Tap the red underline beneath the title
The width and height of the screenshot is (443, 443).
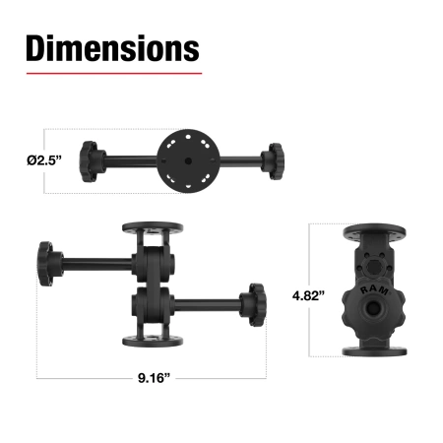(112, 73)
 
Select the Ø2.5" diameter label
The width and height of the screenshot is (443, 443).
(40, 158)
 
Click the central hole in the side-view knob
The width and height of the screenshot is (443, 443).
(375, 309)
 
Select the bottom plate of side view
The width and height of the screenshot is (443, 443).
(374, 349)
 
